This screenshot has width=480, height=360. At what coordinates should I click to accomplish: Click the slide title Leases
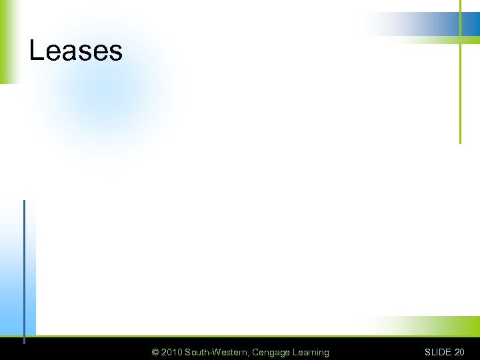pos(75,51)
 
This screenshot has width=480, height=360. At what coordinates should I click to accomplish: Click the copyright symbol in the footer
pos(155,352)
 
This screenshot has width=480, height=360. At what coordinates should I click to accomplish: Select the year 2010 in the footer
pos(171,352)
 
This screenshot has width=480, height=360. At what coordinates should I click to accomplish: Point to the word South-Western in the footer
pos(217,352)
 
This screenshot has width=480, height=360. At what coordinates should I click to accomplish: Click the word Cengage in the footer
pos(271,352)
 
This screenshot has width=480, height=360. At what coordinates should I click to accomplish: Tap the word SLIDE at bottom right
pos(438,352)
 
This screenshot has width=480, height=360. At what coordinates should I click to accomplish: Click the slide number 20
pos(459,352)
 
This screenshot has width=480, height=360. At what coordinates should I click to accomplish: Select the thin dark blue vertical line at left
pos(24,267)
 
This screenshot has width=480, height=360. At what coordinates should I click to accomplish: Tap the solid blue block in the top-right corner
pos(471,24)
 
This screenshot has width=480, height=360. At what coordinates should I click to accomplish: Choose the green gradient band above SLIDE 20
pos(433,327)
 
